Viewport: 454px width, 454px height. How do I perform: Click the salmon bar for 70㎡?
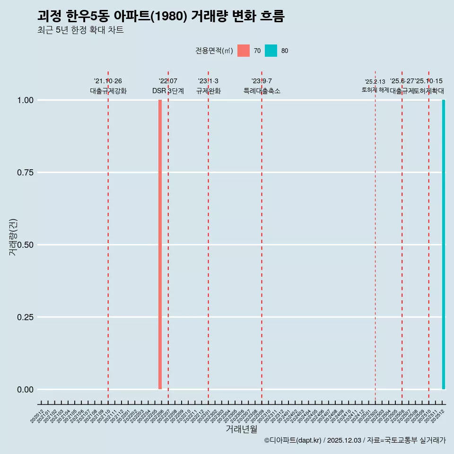pos(160,244)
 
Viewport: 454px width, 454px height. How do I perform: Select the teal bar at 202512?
pos(443,244)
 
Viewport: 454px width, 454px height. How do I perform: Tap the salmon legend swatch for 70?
pos(244,51)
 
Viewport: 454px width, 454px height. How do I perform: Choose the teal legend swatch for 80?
pos(271,51)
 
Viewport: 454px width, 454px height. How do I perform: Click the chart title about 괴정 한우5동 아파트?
pos(161,16)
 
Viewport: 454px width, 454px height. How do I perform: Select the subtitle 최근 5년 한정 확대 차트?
pos(80,30)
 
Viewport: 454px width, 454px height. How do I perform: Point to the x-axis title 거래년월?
pos(241,429)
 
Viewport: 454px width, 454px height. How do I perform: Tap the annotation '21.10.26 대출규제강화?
pos(108,86)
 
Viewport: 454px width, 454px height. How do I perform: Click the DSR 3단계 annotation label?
pos(168,91)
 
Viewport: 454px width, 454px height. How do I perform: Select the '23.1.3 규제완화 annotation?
pos(208,86)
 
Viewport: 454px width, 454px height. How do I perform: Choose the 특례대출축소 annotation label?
pos(262,91)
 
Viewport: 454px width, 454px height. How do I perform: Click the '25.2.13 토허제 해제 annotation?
pos(375,86)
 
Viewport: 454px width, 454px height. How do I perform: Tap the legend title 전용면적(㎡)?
pos(214,51)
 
